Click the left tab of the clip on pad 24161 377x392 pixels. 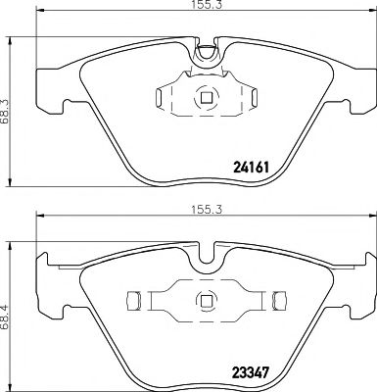pos(162,96)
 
